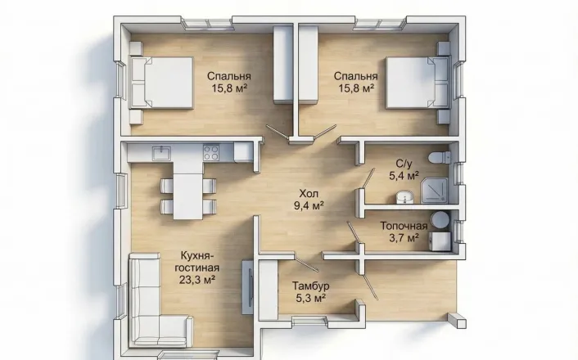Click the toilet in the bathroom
click(440, 158)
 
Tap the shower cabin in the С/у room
click(435, 190)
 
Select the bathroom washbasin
click(404, 197)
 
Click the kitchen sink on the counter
click(161, 152)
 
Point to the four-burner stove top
click(211, 152)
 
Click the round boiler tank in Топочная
click(440, 219)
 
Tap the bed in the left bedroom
click(161, 83)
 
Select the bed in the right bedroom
click(418, 83)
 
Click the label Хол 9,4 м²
click(309, 200)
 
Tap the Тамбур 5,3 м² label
click(311, 291)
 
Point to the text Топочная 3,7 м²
click(404, 232)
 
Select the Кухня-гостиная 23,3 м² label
click(197, 268)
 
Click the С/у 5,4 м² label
click(404, 169)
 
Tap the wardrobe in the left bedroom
click(282, 65)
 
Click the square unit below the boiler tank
click(441, 241)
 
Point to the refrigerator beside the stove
click(243, 152)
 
